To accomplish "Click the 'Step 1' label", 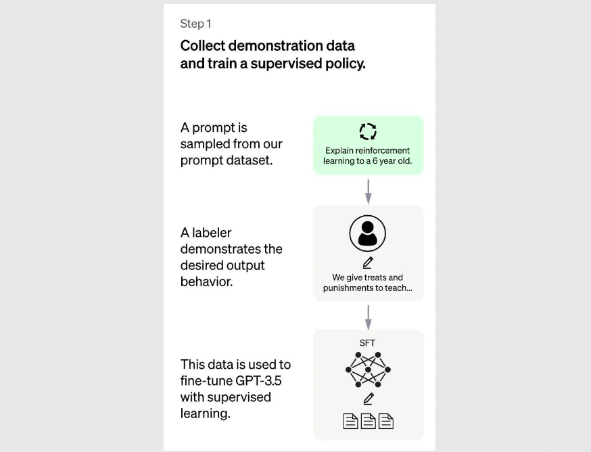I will pos(195,24).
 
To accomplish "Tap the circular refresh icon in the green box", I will pos(368,131).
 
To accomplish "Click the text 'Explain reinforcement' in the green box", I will pos(368,150).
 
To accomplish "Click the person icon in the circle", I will pos(368,233).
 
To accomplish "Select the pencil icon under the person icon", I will pos(368,263).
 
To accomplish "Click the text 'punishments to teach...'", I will pos(368,288).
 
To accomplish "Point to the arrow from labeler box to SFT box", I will pos(369,316).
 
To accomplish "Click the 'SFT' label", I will pos(368,343).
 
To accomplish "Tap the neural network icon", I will pos(368,369).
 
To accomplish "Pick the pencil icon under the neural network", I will pos(368,399).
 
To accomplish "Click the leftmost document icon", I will pos(350,421).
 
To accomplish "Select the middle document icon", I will pos(368,421).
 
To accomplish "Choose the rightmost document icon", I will pos(385,421).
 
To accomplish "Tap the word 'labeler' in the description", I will pos(211,233).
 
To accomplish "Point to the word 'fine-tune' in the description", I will pos(206,380).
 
